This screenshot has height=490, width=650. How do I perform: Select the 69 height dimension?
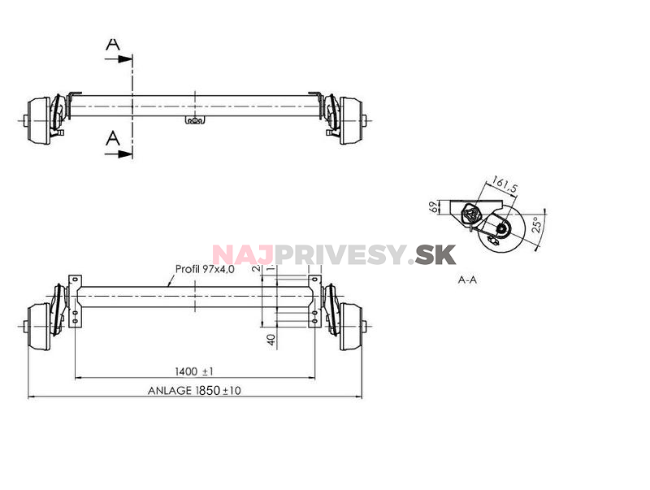434,206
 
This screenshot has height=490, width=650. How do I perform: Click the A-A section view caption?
467,279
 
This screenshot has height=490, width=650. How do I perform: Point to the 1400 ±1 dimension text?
196,371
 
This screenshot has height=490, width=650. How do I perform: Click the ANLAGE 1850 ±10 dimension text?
194,390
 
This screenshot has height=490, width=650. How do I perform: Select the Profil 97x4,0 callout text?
205,269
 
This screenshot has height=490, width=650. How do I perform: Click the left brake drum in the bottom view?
38,322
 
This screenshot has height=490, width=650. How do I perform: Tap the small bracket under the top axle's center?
195,121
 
